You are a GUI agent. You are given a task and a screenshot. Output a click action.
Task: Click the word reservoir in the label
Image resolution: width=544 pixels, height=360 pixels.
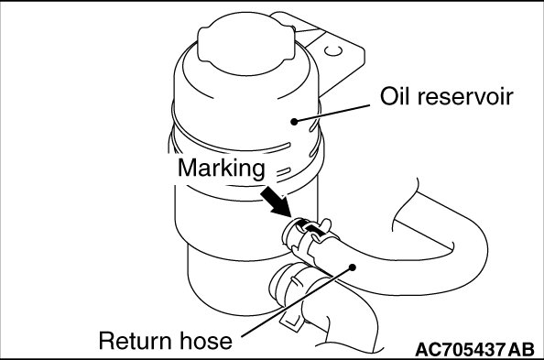click(465, 96)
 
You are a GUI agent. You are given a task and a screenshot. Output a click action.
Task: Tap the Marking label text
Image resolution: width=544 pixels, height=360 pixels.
click(222, 169)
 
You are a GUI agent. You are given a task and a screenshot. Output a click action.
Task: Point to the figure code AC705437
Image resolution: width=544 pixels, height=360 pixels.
click(460, 349)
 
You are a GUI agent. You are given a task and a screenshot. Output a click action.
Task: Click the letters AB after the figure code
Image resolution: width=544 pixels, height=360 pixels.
click(521, 349)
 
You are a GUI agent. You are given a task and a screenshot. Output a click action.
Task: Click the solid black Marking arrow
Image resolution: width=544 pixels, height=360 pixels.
click(276, 202)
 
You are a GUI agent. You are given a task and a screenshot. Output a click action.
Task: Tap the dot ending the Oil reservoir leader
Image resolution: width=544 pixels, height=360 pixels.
click(294, 122)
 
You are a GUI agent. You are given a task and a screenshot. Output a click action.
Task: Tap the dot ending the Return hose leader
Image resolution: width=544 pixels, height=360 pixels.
click(353, 267)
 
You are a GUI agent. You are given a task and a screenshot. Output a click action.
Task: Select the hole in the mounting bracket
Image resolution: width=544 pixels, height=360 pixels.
click(333, 50)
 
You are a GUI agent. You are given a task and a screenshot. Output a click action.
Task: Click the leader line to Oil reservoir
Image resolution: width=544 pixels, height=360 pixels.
click(332, 114)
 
